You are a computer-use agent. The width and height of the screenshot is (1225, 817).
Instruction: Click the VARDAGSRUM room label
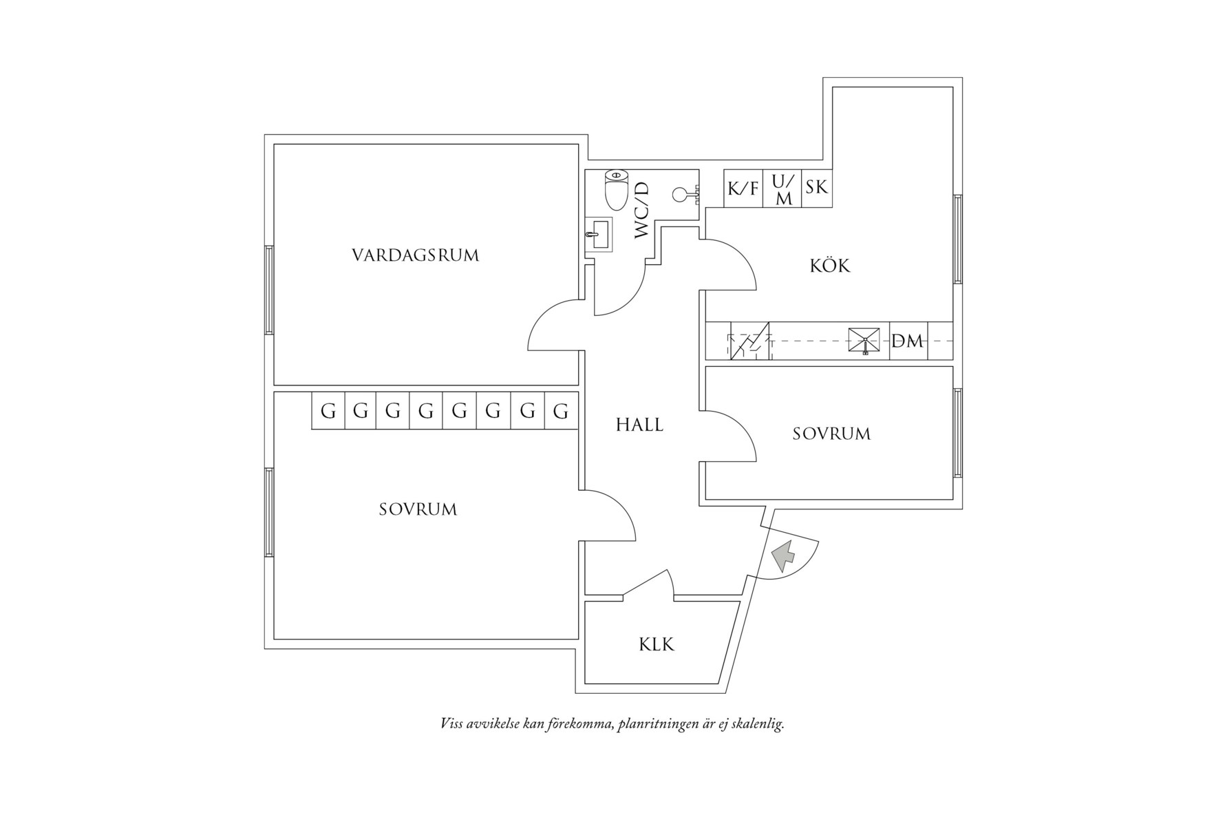[x=415, y=255]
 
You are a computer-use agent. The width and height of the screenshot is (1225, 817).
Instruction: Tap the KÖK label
[x=830, y=266]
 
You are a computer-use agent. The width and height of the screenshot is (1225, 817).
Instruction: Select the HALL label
[x=639, y=425]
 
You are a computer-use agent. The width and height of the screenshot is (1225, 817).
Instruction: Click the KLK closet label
[x=657, y=645]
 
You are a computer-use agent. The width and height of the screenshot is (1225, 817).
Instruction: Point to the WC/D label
[x=641, y=210]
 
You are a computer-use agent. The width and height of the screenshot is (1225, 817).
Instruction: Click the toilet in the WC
[x=616, y=190]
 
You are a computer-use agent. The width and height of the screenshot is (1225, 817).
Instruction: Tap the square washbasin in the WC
[x=599, y=234]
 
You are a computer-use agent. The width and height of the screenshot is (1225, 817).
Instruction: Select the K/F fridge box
[x=743, y=187]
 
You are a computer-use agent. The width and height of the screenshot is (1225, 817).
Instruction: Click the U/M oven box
[x=782, y=189]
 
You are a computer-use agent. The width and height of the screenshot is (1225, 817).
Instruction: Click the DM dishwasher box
[x=908, y=341]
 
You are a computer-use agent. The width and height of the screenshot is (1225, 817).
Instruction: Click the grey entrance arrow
[x=783, y=556]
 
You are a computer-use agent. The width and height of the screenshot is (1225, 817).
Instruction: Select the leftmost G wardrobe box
[x=328, y=411]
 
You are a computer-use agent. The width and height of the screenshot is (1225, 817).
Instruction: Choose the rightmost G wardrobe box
[x=561, y=411]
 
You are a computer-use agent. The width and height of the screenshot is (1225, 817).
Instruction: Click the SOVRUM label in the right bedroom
[x=831, y=434]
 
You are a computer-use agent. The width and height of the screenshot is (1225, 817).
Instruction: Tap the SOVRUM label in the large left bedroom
[x=418, y=509]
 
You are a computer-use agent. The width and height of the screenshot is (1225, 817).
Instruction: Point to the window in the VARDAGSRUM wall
[x=269, y=290]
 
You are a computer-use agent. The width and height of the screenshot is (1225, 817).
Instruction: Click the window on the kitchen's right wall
[x=957, y=239]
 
